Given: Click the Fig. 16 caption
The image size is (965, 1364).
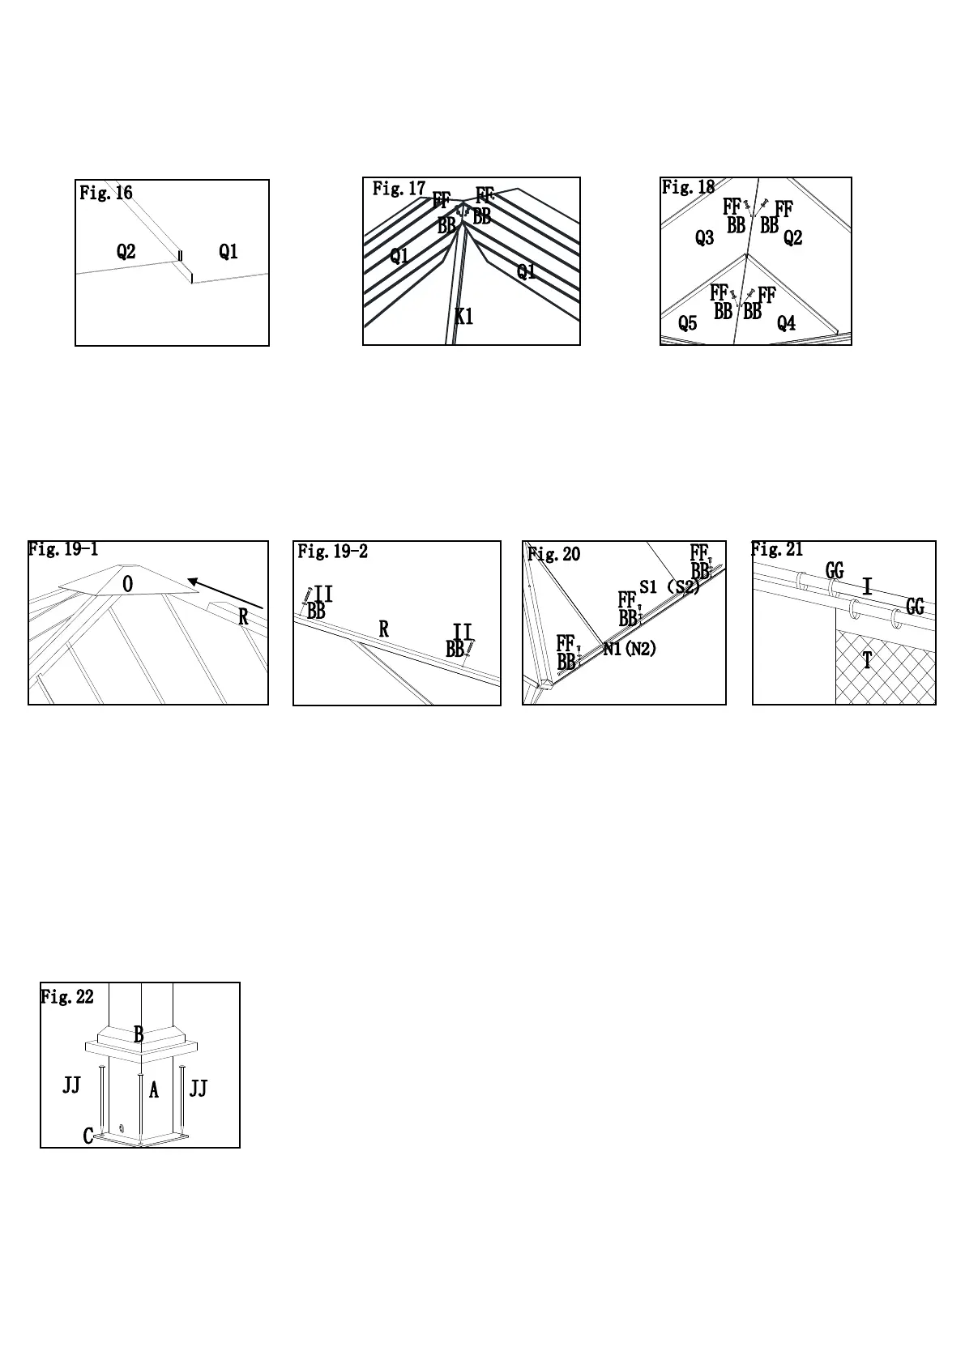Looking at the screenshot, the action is (x=106, y=193).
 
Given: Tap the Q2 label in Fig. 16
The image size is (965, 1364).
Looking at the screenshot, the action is (x=126, y=252).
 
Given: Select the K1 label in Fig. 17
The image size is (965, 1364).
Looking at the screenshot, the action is (x=463, y=317).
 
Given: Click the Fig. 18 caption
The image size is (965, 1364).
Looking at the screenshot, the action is (x=688, y=187).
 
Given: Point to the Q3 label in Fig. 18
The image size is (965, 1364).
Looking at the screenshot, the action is (x=704, y=238).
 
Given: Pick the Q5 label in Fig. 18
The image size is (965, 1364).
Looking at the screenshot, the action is (x=687, y=324).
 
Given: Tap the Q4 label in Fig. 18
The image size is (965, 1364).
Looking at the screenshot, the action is (x=786, y=324).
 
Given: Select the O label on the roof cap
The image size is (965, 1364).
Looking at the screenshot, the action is (x=128, y=584).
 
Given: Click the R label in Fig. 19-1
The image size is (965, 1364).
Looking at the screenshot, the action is (x=243, y=618).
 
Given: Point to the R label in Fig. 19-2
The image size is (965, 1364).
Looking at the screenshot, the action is (x=384, y=629).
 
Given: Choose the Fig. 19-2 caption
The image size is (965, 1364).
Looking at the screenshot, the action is (x=333, y=552).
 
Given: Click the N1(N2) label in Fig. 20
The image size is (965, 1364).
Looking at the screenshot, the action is (x=630, y=649).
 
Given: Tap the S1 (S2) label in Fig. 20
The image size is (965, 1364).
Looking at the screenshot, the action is (x=669, y=586).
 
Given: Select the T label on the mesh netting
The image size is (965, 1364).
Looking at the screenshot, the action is (x=867, y=661).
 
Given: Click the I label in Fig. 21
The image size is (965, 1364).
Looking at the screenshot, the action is (x=867, y=586).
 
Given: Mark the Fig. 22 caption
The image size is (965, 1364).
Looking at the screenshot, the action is (x=67, y=997).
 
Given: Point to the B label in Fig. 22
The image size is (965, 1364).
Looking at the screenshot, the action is (x=139, y=1034).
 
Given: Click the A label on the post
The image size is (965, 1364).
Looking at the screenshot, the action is (x=154, y=1091).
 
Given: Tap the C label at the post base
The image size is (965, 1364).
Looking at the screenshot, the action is (x=88, y=1136).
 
